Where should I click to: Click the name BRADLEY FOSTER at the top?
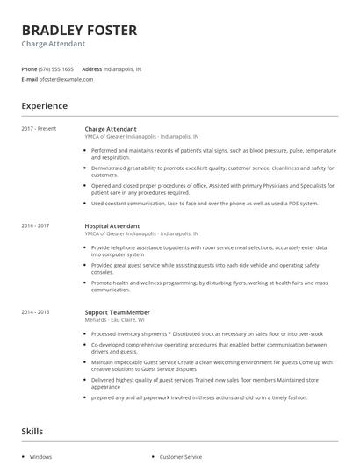tap(79, 31)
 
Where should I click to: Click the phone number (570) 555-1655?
tap(57, 68)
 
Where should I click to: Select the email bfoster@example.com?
tap(66, 79)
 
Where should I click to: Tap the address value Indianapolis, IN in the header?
tap(123, 68)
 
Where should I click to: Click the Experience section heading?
tap(44, 106)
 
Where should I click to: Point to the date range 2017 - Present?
tap(39, 129)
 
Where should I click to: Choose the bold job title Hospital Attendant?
tap(112, 225)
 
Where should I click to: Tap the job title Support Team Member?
tap(117, 312)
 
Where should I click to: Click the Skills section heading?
tap(32, 431)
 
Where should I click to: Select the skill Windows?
tap(40, 457)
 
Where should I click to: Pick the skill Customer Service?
tap(180, 457)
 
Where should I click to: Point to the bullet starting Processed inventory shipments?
tap(207, 333)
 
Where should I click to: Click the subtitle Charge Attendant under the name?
tap(53, 44)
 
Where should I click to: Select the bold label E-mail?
tap(29, 79)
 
